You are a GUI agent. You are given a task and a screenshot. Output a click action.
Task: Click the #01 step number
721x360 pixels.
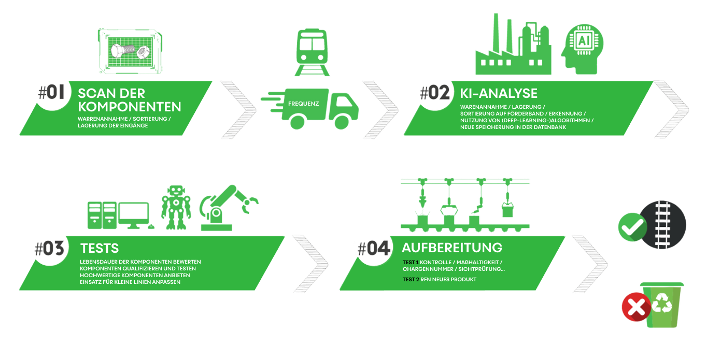point(51,93)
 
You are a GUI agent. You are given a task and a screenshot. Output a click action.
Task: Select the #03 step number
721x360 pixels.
point(49,249)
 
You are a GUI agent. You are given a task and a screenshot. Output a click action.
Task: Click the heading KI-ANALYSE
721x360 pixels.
point(499,93)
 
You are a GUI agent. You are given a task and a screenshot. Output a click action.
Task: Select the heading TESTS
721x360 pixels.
point(100,248)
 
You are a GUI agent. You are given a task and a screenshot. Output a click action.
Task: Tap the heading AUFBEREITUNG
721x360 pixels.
point(452,247)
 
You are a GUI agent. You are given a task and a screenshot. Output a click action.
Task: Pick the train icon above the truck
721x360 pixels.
point(312,52)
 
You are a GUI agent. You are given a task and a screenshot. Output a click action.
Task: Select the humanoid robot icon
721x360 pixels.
point(176,207)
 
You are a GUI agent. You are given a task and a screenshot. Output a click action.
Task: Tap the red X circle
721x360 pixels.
point(636,307)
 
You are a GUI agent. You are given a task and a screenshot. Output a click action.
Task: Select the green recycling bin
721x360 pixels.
point(662,305)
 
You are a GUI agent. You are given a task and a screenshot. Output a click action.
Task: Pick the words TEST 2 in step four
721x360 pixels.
point(411,280)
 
